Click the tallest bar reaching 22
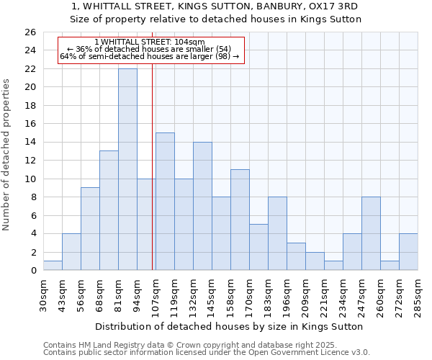coord(127,169)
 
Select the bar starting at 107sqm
coord(165,202)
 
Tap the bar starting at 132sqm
coord(202,206)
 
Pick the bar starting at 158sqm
coord(240,220)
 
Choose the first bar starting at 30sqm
coord(53,266)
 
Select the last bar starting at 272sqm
coord(408,252)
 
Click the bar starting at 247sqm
coord(371,233)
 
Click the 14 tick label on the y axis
coord(30,142)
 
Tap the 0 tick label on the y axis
coord(32,271)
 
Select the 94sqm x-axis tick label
coord(137,295)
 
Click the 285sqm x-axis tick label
coord(418,295)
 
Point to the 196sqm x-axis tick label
coord(287,295)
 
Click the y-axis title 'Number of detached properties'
coord(6,155)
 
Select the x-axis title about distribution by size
coord(229,326)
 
